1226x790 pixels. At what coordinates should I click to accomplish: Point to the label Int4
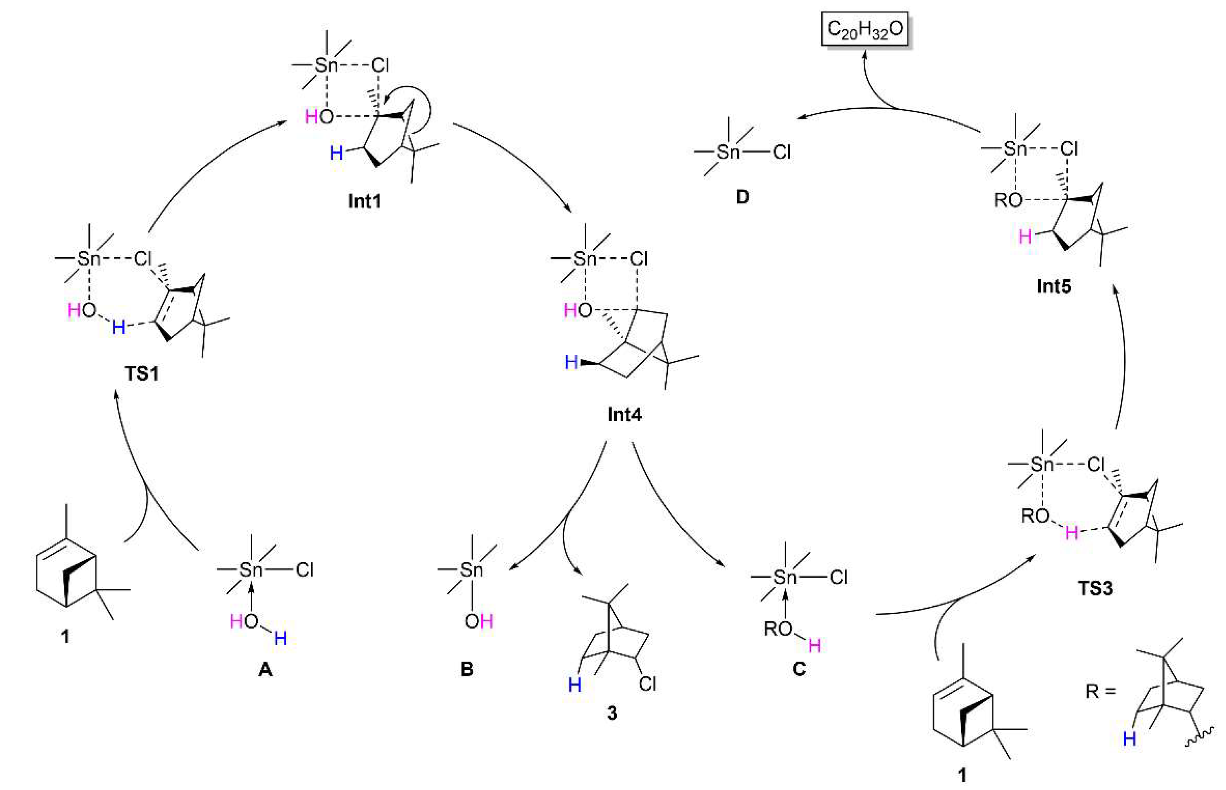click(624, 414)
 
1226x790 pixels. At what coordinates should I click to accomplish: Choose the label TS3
click(1095, 588)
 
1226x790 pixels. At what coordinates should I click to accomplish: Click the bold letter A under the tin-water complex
click(265, 669)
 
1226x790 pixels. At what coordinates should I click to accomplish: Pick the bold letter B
click(466, 669)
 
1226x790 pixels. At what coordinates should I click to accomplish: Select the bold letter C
click(799, 669)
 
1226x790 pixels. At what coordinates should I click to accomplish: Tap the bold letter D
click(742, 197)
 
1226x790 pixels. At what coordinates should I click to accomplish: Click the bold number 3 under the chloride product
click(612, 713)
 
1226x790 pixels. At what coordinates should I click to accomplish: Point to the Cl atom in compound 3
click(647, 684)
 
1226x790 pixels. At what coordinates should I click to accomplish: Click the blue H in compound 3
click(574, 685)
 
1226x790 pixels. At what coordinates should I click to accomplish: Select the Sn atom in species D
click(728, 152)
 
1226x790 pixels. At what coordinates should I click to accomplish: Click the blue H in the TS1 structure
click(118, 327)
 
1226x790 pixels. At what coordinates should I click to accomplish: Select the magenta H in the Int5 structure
click(1025, 237)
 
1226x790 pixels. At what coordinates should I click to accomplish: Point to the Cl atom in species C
click(838, 578)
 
